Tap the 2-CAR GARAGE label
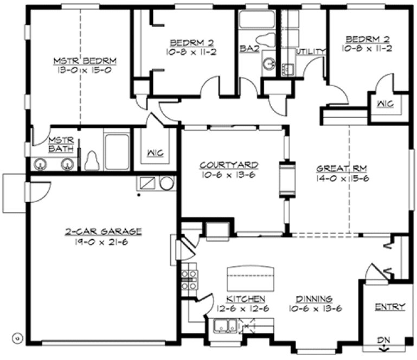pos(101,232)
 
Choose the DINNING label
pos(314,299)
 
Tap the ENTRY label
pos(390,307)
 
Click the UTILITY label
pos(311,52)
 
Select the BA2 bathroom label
pos(248,48)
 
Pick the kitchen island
pos(252,277)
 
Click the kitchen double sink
pos(224,326)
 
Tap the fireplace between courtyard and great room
pos(288,178)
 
